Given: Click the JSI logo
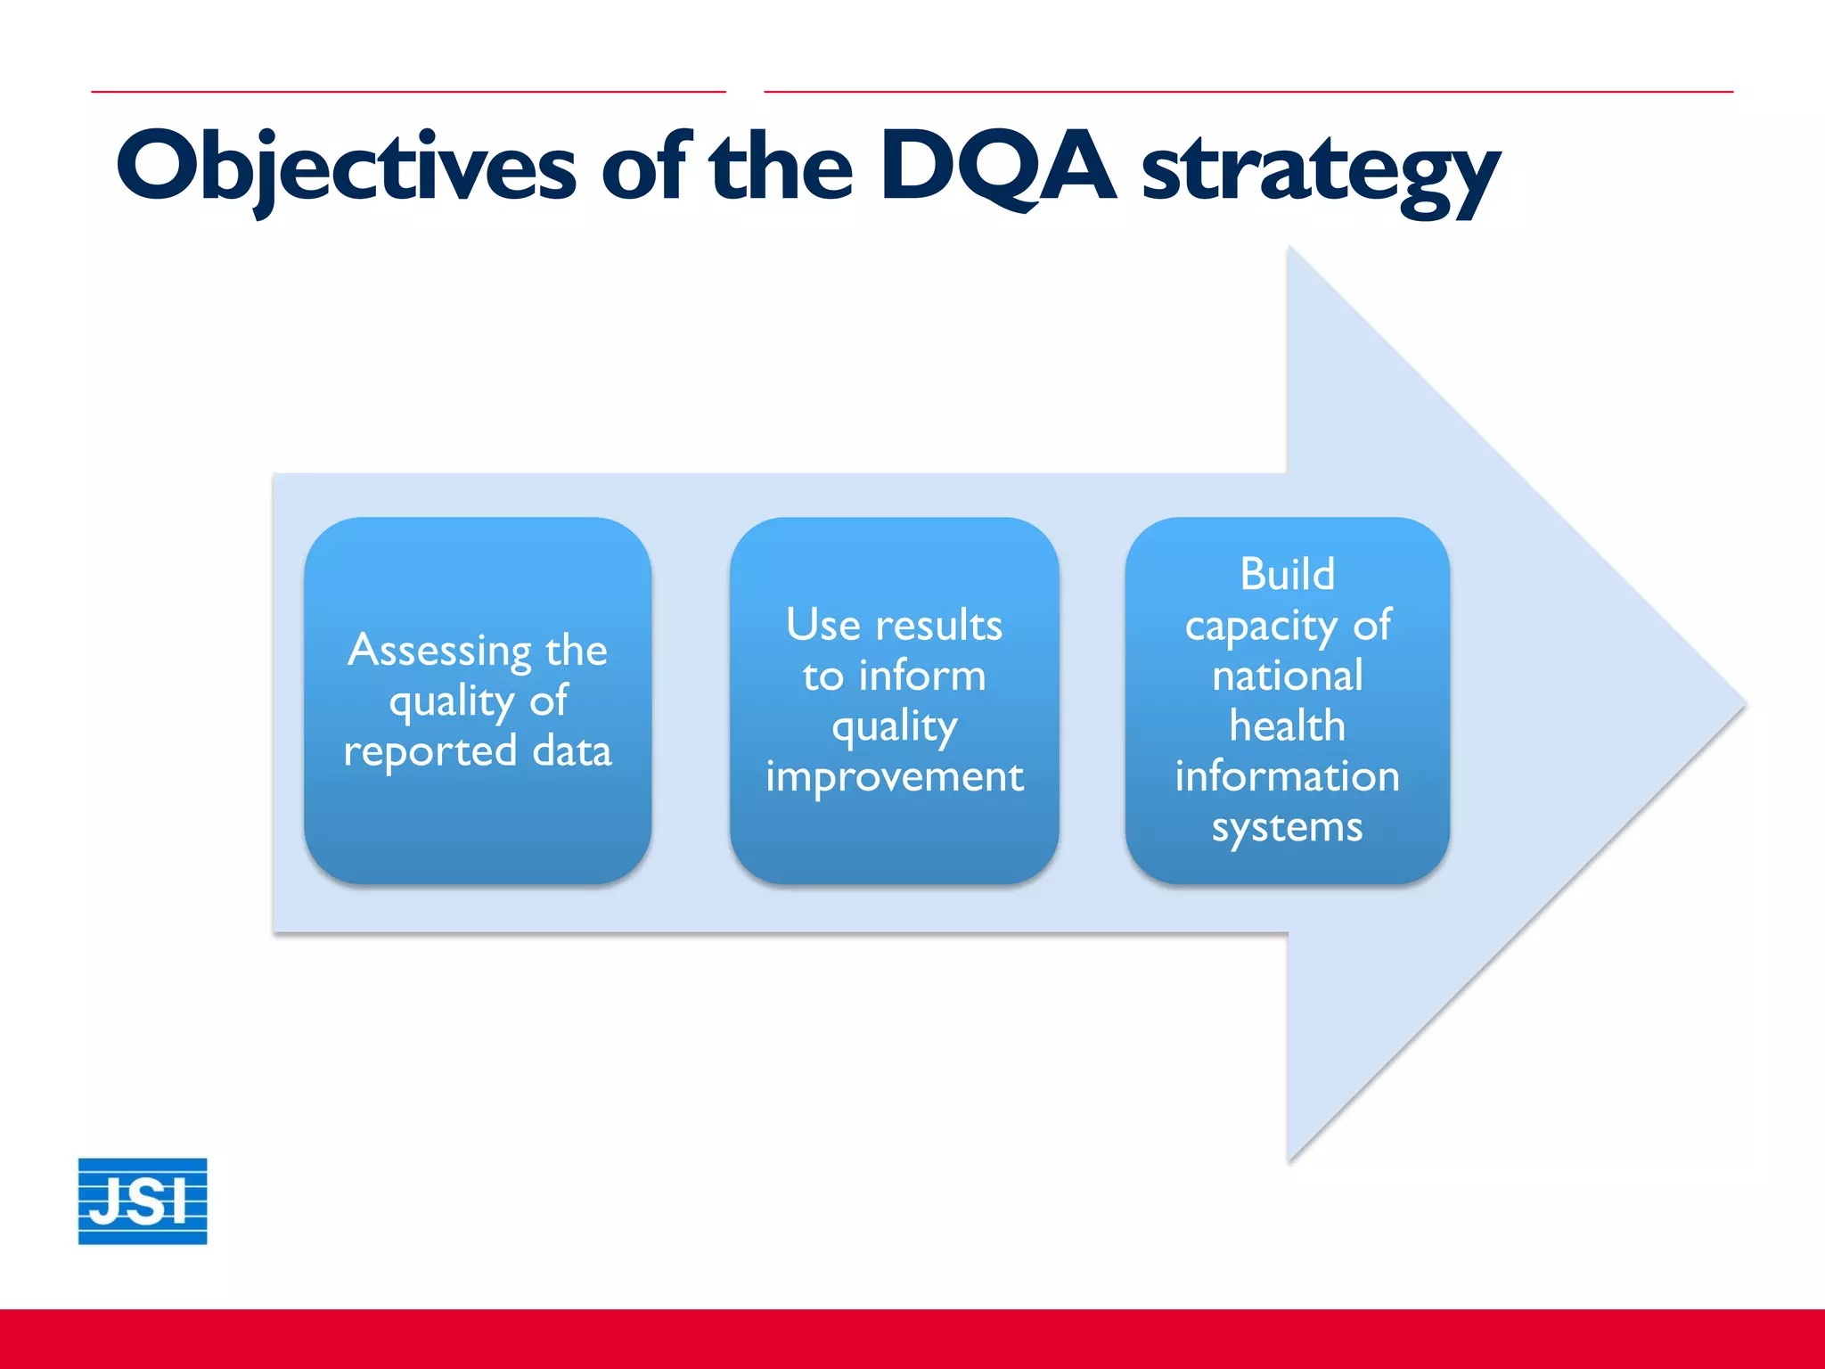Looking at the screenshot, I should coord(143,1201).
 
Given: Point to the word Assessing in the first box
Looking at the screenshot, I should coord(439,651).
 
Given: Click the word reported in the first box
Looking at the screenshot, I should coord(430,752).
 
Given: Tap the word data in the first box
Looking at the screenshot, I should coord(572,750).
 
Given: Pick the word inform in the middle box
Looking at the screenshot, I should coord(922,676).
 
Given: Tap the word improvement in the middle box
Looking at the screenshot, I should coord(895,777).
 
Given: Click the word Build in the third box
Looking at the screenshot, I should coord(1287,574).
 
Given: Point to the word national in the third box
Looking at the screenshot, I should coord(1287,676).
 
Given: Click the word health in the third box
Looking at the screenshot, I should coord(1287,725).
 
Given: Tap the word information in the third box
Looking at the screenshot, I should coord(1287,776).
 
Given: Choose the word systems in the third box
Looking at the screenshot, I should coord(1287,828).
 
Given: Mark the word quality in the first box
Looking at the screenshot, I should coord(452,702).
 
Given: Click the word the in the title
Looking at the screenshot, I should coord(781,168).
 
